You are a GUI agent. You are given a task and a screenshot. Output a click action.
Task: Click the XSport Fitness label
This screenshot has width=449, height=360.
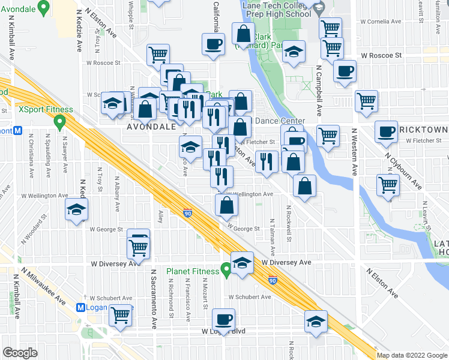pyautogui.click(x=46, y=110)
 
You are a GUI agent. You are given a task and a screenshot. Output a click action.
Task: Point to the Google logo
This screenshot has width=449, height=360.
pyautogui.click(x=20, y=353)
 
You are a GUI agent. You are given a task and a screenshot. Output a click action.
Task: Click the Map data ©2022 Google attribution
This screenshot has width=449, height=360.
pyautogui.click(x=412, y=355)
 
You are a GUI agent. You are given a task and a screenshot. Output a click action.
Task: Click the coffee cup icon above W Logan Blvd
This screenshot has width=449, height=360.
pyautogui.click(x=224, y=319)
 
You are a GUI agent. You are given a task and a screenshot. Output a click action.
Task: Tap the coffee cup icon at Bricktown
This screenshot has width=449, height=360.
pyautogui.click(x=387, y=131)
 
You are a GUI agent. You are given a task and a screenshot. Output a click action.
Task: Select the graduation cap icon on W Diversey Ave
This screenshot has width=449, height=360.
pyautogui.click(x=242, y=263)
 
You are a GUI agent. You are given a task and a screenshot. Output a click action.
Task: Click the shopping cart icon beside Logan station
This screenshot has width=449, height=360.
pyautogui.click(x=121, y=314)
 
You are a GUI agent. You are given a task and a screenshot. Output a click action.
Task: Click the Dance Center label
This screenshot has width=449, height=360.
pyautogui.click(x=280, y=121)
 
